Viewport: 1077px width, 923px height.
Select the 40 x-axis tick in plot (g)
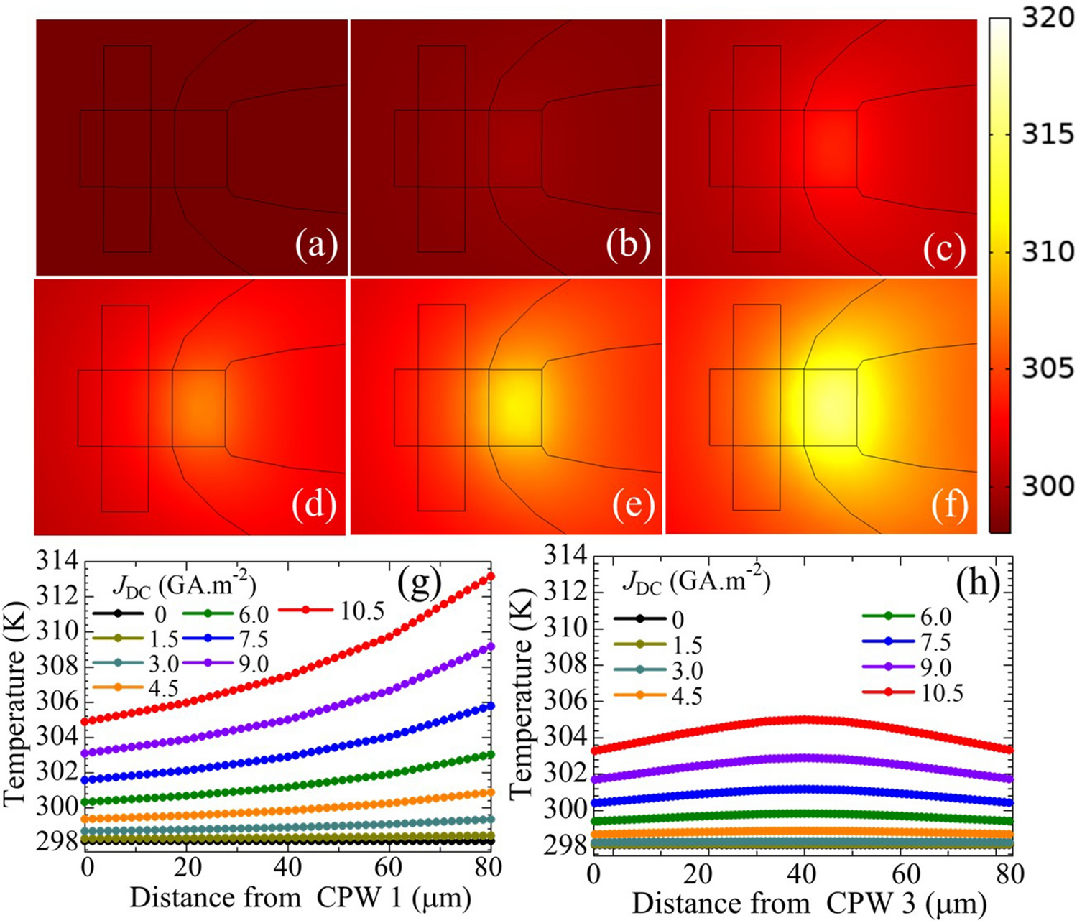point(287,867)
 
